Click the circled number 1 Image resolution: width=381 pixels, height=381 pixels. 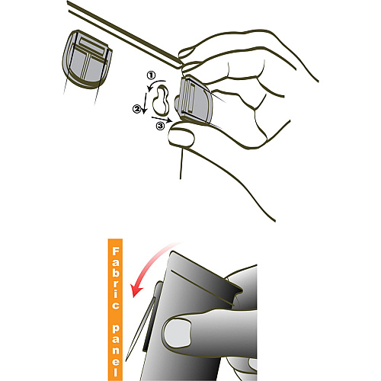click(x=151, y=75)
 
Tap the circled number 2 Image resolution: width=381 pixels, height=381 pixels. click(x=136, y=109)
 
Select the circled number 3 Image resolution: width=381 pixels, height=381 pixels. click(x=160, y=126)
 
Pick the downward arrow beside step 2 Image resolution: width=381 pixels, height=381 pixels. click(x=145, y=104)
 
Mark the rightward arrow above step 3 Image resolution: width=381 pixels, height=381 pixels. click(x=162, y=119)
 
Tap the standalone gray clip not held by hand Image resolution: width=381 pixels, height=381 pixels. click(x=87, y=59)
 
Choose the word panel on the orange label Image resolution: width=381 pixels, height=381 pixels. click(x=116, y=351)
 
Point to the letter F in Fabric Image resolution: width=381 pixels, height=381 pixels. click(x=116, y=251)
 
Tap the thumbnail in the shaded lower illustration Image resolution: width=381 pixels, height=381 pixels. click(x=178, y=333)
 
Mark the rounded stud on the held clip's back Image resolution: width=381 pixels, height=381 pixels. click(x=178, y=104)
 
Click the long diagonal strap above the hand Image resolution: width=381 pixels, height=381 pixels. click(x=125, y=34)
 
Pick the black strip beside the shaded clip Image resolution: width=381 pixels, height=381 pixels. click(x=151, y=318)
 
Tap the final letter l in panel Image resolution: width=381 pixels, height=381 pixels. click(x=116, y=373)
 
